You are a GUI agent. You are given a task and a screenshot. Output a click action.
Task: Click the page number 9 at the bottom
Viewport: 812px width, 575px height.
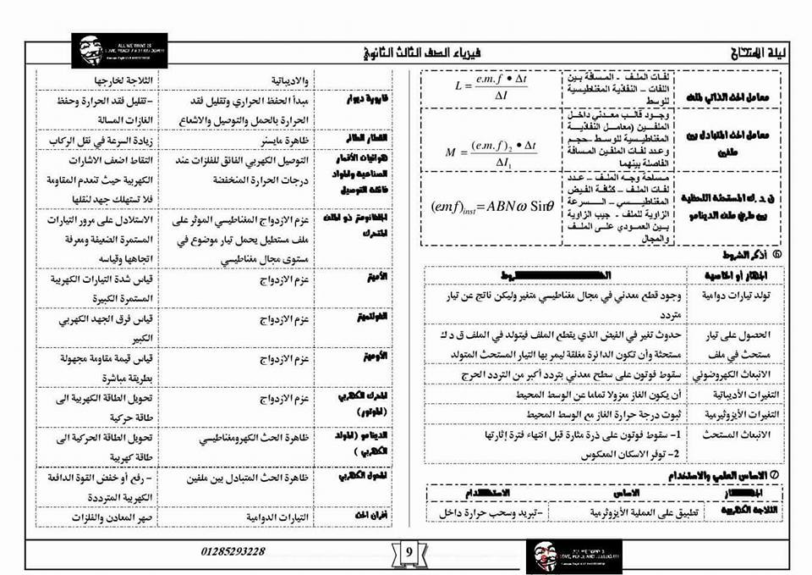tap(409, 552)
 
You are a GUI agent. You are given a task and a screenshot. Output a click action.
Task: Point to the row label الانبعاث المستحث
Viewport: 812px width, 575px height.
tap(727, 435)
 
